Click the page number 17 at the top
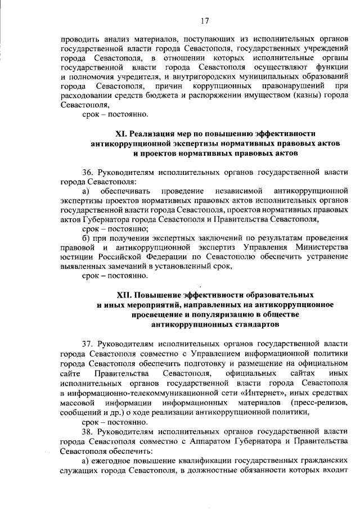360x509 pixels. [x=204, y=21]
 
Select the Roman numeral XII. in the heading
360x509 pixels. [x=125, y=294]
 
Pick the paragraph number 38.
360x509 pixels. [x=89, y=432]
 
